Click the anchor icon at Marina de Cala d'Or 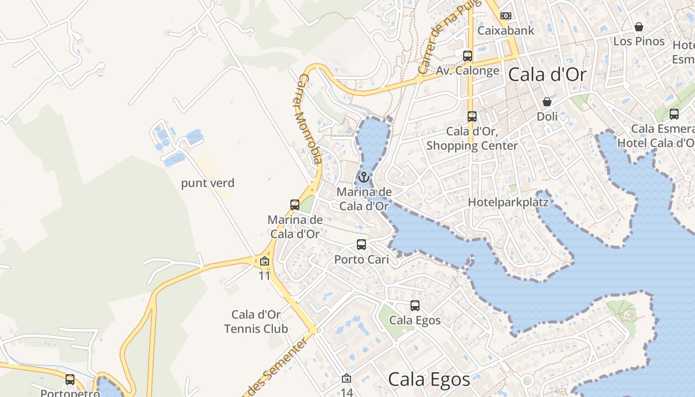pyautogui.click(x=364, y=177)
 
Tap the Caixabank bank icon pyautogui.click(x=506, y=16)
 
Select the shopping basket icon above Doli pyautogui.click(x=547, y=102)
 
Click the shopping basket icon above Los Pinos pyautogui.click(x=639, y=26)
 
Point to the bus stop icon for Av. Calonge pyautogui.click(x=467, y=56)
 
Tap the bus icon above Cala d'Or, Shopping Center pyautogui.click(x=472, y=117)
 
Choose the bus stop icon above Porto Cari pyautogui.click(x=361, y=244)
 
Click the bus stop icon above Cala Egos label pyautogui.click(x=415, y=306)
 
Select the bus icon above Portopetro pyautogui.click(x=70, y=380)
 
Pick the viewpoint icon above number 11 pyautogui.click(x=265, y=261)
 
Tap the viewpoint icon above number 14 pyautogui.click(x=347, y=379)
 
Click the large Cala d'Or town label pyautogui.click(x=548, y=75)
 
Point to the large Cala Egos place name pyautogui.click(x=429, y=380)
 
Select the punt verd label pyautogui.click(x=208, y=183)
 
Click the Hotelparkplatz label pyautogui.click(x=508, y=202)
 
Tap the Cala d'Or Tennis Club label pyautogui.click(x=256, y=322)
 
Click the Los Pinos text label pyautogui.click(x=639, y=41)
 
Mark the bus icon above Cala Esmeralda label pyautogui.click(x=674, y=114)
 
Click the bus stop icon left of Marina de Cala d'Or pyautogui.click(x=295, y=204)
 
